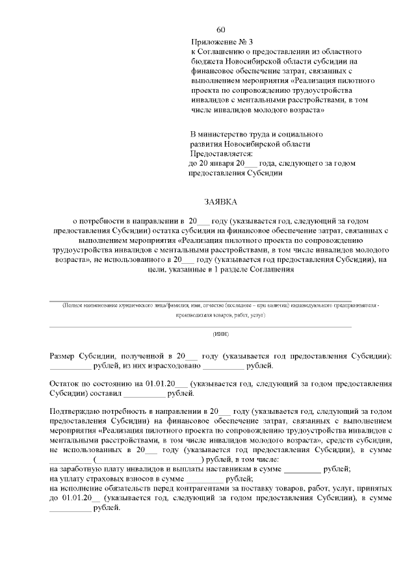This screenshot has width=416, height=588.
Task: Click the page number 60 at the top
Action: pyautogui.click(x=220, y=30)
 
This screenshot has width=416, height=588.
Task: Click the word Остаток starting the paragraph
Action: pyautogui.click(x=65, y=383)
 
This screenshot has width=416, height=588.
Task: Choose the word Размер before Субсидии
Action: pyautogui.click(x=64, y=355)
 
